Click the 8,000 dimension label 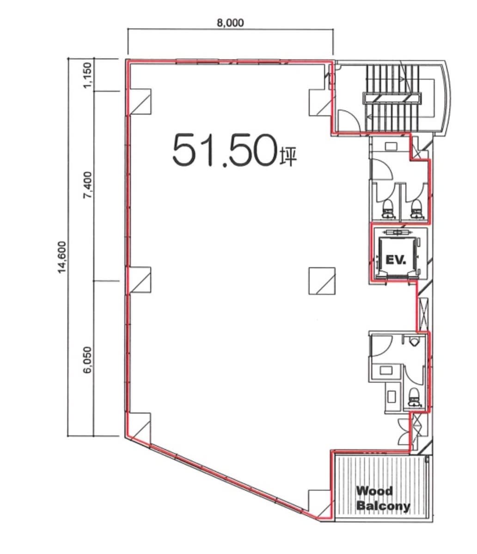click(x=230, y=23)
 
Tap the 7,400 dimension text click(x=87, y=185)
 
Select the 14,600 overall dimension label click(x=62, y=257)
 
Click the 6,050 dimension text click(x=87, y=360)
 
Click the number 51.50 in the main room click(x=225, y=150)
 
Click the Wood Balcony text click(x=383, y=498)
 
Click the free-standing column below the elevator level click(x=322, y=281)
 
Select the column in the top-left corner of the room click(x=140, y=101)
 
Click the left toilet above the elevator click(x=388, y=208)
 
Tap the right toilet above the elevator click(x=416, y=208)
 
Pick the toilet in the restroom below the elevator click(x=414, y=397)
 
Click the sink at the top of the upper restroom click(x=391, y=146)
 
